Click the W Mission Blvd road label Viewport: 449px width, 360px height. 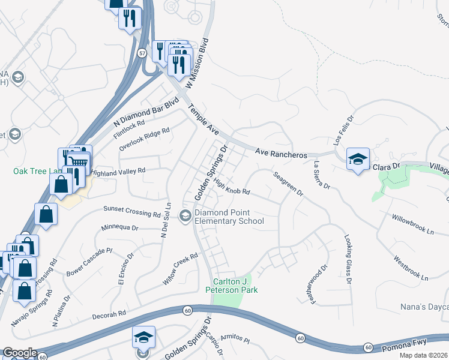(197, 65)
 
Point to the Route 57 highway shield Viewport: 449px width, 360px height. (141, 53)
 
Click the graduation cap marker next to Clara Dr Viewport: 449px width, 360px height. (358, 159)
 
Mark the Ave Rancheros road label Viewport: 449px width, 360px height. (281, 154)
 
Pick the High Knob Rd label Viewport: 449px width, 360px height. (232, 187)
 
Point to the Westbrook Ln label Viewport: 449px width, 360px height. (411, 269)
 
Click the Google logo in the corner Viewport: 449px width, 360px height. (19, 353)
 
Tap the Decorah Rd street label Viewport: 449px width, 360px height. (109, 314)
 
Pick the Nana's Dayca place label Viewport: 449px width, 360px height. (424, 307)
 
